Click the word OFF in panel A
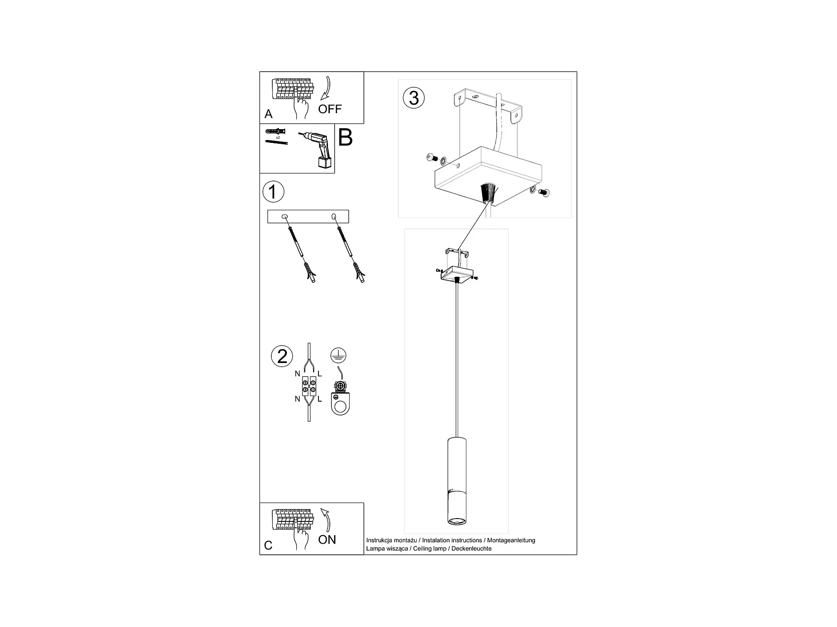tap(329, 109)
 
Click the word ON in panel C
tap(327, 539)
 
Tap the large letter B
tap(345, 137)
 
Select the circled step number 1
tap(273, 192)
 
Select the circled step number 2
tap(282, 356)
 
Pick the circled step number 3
tap(414, 98)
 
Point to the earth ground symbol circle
tap(338, 355)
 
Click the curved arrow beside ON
tap(326, 520)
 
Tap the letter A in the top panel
tap(268, 114)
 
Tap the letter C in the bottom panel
tap(268, 545)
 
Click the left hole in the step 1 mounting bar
tap(285, 216)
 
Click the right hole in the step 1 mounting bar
tap(334, 216)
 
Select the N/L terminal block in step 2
tap(309, 386)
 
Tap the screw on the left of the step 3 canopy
tap(430, 157)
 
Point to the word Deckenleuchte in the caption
tap(471, 549)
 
